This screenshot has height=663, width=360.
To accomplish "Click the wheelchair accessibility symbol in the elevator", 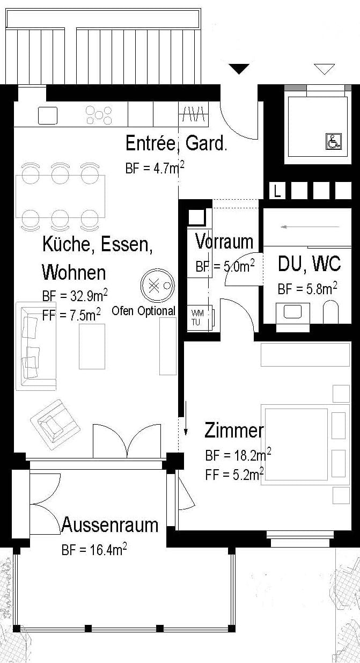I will (x=332, y=142).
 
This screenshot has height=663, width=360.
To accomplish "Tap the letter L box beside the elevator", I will (x=277, y=191).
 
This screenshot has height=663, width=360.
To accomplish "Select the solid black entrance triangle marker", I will (x=239, y=69).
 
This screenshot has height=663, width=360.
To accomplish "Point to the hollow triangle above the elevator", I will (x=324, y=69).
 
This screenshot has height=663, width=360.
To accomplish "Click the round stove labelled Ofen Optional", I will (x=158, y=286).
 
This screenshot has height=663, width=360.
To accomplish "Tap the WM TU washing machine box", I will (x=198, y=317).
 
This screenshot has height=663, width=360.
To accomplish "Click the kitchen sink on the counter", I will (x=47, y=115).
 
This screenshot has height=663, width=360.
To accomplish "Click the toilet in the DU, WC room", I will (x=331, y=311).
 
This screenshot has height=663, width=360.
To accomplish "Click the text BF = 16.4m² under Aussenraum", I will (x=94, y=550).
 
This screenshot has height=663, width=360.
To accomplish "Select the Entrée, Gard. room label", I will (x=176, y=143).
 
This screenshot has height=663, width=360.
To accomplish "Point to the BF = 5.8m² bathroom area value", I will (x=307, y=289).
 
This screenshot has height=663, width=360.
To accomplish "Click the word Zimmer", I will (x=234, y=431).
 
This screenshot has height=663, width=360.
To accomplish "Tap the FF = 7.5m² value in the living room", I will (x=71, y=315).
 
